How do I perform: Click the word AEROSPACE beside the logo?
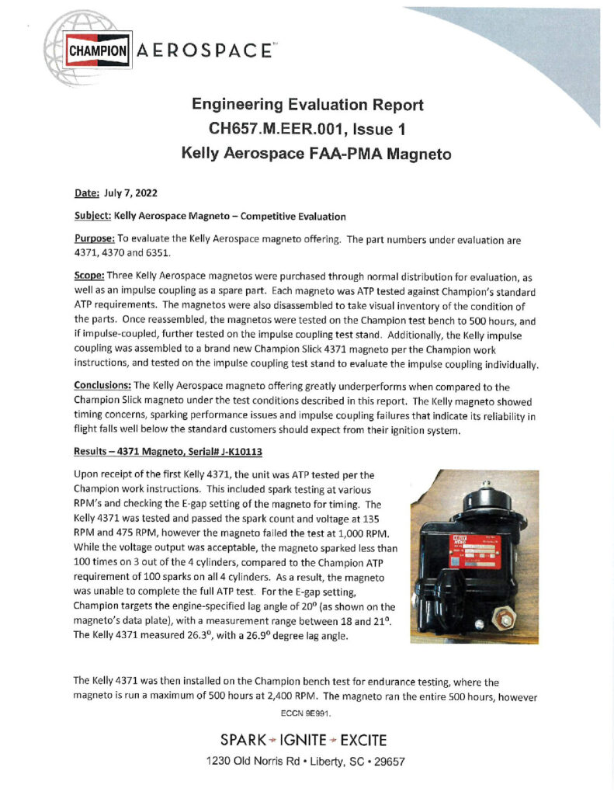(x=203, y=51)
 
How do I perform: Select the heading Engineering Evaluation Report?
(x=307, y=104)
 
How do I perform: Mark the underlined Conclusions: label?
(x=102, y=385)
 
